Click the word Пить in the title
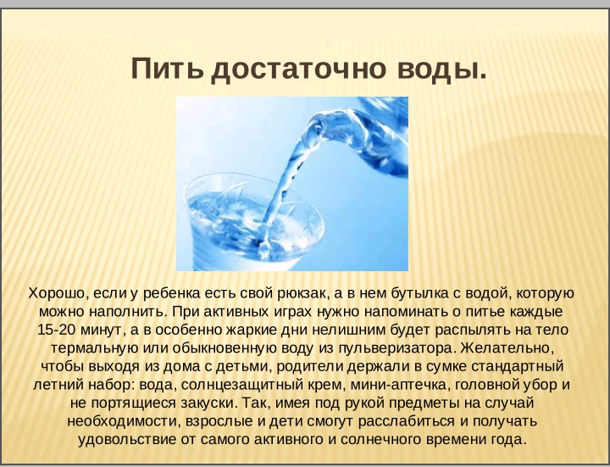click(x=168, y=69)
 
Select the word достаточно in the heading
click(x=299, y=70)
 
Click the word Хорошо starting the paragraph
click(x=57, y=294)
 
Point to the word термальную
click(x=95, y=348)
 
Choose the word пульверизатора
click(x=396, y=348)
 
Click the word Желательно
click(x=507, y=347)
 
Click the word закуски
click(x=208, y=403)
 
